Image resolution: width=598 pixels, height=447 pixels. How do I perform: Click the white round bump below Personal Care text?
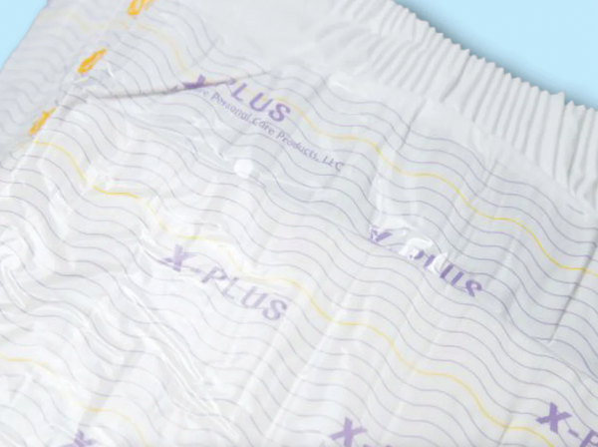[x=241, y=165]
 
